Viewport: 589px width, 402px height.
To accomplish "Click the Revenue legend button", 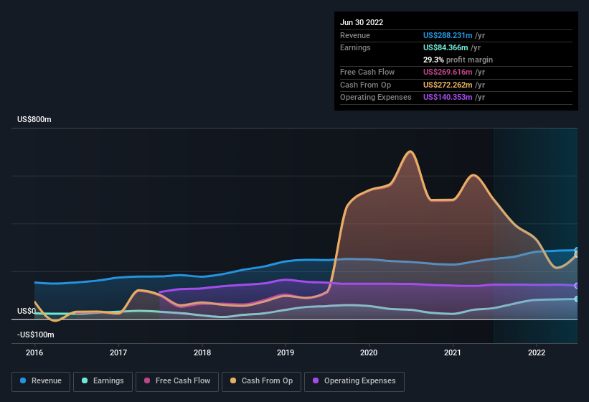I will click(42, 381).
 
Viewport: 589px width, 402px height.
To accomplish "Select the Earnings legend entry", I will click(103, 381).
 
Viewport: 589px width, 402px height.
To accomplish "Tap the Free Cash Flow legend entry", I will click(177, 381).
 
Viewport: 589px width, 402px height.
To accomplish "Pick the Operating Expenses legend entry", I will click(354, 381).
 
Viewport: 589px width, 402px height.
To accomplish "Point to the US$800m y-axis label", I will click(34, 119).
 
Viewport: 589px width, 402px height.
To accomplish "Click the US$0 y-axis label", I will click(27, 311).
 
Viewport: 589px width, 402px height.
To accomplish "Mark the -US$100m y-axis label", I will click(35, 335).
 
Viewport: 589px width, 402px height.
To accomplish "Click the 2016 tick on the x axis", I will click(34, 352).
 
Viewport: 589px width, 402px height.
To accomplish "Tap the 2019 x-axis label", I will click(286, 352).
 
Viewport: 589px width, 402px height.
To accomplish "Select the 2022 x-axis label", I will click(537, 352).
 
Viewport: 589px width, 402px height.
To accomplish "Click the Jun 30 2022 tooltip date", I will click(362, 22).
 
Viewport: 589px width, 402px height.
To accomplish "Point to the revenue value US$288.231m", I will click(448, 35).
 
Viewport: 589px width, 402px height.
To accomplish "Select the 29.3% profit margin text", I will click(458, 60).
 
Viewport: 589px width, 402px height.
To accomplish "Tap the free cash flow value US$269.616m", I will click(448, 72).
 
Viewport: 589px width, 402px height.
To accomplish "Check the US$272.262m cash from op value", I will click(448, 85).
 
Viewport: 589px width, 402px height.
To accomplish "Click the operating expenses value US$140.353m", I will click(448, 97).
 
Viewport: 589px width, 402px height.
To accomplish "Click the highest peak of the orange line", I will click(410, 151).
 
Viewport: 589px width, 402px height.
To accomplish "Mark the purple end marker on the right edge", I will click(577, 286).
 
